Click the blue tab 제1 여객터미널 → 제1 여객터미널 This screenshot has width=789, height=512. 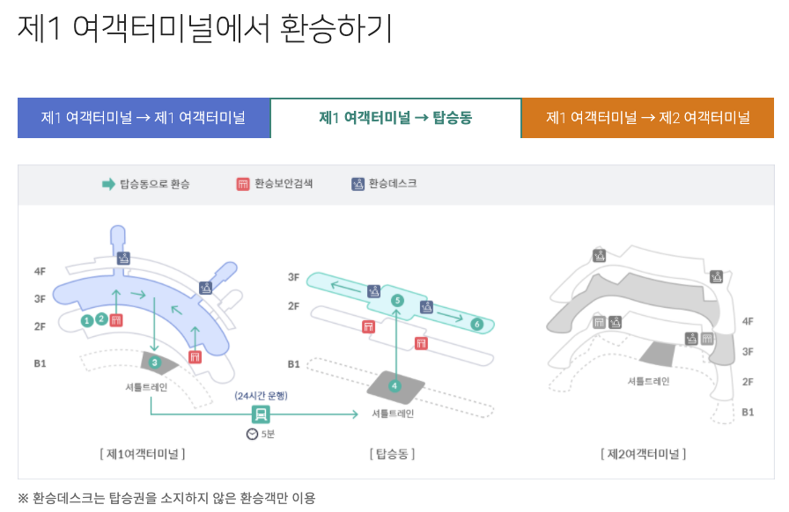click(144, 118)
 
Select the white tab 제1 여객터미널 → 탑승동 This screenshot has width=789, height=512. click(395, 118)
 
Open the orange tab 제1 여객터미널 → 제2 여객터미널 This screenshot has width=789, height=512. click(647, 118)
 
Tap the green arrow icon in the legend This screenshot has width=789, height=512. click(108, 184)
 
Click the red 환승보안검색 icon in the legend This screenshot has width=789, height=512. click(243, 184)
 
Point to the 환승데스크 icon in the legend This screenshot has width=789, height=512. click(358, 184)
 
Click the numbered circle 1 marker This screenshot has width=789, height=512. click(87, 320)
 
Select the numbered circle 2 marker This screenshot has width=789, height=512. click(102, 319)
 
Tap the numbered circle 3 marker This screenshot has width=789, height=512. click(154, 362)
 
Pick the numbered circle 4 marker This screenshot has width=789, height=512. click(395, 384)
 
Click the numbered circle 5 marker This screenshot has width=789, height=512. click(397, 301)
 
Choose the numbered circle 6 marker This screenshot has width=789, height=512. click(477, 325)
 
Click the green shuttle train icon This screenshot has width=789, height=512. click(261, 414)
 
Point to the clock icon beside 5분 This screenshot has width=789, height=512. click(252, 435)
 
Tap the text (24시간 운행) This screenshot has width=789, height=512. click(261, 396)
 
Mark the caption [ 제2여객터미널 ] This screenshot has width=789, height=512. click(643, 454)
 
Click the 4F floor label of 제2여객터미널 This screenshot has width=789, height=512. click(748, 322)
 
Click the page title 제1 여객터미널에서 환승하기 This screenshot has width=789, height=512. click(204, 28)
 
